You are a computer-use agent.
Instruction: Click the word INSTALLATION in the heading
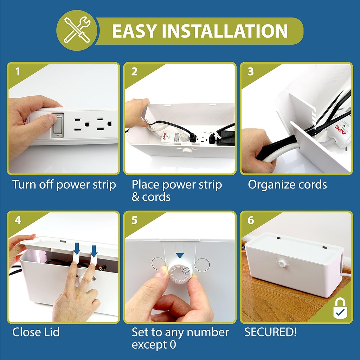pos(225,31)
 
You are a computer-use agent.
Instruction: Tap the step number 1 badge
pos(18,72)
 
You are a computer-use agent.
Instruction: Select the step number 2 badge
pos(134,72)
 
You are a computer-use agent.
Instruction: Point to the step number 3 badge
pos(251,72)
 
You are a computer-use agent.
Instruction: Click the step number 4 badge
pos(18,220)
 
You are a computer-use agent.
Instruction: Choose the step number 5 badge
pos(134,220)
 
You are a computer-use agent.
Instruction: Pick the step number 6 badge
pos(251,220)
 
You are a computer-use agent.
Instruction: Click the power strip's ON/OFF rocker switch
pos(58,125)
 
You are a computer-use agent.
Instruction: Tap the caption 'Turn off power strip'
pos(64,185)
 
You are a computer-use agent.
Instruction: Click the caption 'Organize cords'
pos(287,185)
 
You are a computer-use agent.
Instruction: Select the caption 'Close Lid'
pos(36,332)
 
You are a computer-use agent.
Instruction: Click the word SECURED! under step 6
pos(270,332)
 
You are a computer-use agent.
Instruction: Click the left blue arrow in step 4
pos(77,249)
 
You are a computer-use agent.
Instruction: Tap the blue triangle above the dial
pos(180,256)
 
